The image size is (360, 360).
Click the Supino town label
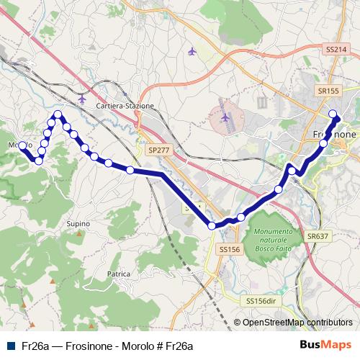[x=78, y=224]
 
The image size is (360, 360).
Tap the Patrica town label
[x=118, y=274]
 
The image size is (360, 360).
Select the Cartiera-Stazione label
[x=125, y=106]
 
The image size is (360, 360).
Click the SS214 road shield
[x=336, y=48]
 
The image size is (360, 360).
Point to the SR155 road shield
[x=328, y=91]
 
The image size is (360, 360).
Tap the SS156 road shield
[x=228, y=249]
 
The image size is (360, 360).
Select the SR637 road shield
[x=317, y=235]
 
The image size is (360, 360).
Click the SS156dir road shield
[x=261, y=300]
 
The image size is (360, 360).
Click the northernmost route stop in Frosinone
[x=333, y=113]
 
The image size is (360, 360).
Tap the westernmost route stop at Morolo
[x=22, y=145]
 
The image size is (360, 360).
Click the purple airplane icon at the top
[x=191, y=51]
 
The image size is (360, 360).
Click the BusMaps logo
[x=325, y=344]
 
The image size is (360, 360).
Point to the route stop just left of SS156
[x=212, y=226]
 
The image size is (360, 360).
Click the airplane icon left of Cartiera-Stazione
[x=81, y=99]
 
